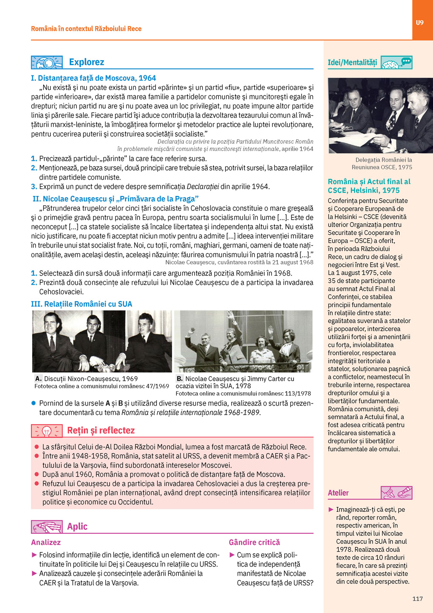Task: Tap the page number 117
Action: click(x=417, y=599)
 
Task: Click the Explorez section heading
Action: click(x=86, y=62)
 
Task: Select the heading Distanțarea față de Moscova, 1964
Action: click(x=93, y=78)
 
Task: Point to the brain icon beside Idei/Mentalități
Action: click(x=396, y=63)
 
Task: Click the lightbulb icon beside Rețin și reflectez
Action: click(x=47, y=431)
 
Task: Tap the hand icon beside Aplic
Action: click(x=47, y=527)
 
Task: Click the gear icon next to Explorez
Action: click(x=47, y=63)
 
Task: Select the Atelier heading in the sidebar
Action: click(x=338, y=493)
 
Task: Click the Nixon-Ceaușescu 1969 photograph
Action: click(x=102, y=341)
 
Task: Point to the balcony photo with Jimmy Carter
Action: click(x=243, y=341)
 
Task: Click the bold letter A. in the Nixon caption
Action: click(x=38, y=378)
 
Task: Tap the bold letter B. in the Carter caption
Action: click(x=180, y=378)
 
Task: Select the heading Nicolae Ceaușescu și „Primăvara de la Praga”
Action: click(x=115, y=199)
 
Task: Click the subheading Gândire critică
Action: click(x=254, y=542)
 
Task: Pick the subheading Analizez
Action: click(x=46, y=542)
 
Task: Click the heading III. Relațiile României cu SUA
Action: click(x=82, y=304)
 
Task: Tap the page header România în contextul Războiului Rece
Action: click(x=86, y=29)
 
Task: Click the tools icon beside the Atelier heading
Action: click(x=396, y=493)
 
